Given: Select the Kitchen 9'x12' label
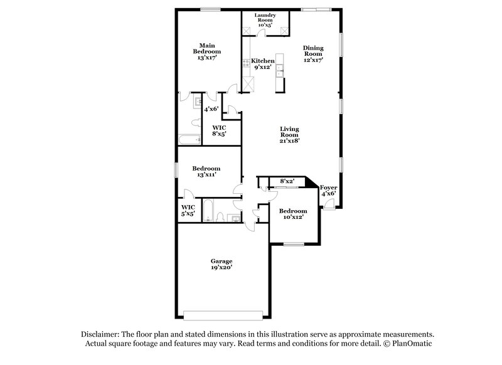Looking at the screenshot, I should (262, 63).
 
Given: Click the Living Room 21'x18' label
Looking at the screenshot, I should (289, 135).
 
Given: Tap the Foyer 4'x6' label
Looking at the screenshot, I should (328, 190).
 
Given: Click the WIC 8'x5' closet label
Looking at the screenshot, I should (218, 130).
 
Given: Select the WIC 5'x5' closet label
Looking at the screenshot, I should (188, 210).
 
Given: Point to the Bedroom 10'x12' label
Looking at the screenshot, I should (293, 214).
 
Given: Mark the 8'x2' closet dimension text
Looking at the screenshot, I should (287, 181).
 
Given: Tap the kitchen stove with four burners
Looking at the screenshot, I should (246, 61).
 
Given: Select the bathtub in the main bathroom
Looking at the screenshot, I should (188, 139).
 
